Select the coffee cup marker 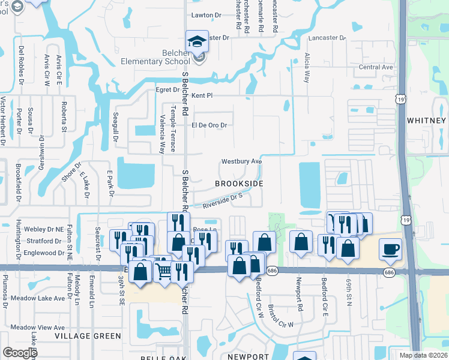pyautogui.click(x=390, y=248)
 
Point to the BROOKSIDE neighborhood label pyautogui.click(x=239, y=183)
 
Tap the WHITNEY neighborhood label pyautogui.click(x=426, y=120)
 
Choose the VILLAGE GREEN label pyautogui.click(x=88, y=336)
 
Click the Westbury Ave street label pyautogui.click(x=241, y=161)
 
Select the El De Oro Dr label pyautogui.click(x=209, y=125)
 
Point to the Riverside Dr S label pyautogui.click(x=221, y=200)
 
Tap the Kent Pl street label pyautogui.click(x=202, y=96)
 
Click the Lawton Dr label pyautogui.click(x=206, y=14)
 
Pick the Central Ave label pyautogui.click(x=375, y=67)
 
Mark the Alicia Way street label pyautogui.click(x=307, y=67)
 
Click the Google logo pyautogui.click(x=20, y=353)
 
